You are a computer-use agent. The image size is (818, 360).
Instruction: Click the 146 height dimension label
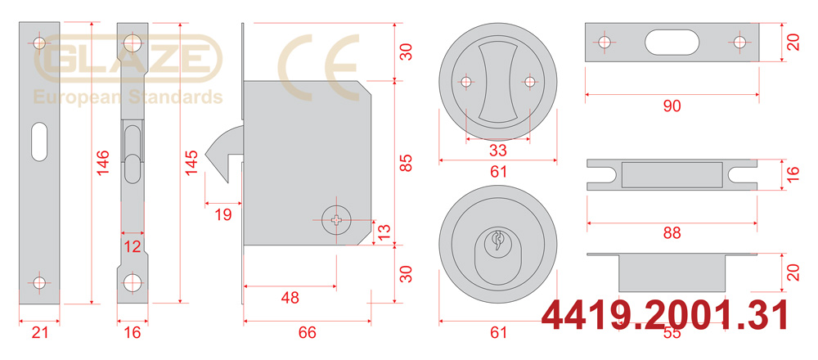coord(103,162)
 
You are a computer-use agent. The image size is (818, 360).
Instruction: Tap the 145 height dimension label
coord(191,162)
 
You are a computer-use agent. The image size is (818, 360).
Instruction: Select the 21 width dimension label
coord(39,332)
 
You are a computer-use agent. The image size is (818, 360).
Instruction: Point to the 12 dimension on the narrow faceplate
coord(133,246)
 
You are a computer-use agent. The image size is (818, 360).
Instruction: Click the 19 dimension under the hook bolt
coord(223,214)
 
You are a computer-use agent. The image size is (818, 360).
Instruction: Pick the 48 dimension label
coord(290,298)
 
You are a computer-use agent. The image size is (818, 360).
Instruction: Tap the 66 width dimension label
coord(307,332)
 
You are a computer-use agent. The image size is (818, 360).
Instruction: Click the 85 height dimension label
coord(406,163)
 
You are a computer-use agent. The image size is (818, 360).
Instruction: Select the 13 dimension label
coord(384,232)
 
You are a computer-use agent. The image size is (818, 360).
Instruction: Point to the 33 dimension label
coord(498,151)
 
